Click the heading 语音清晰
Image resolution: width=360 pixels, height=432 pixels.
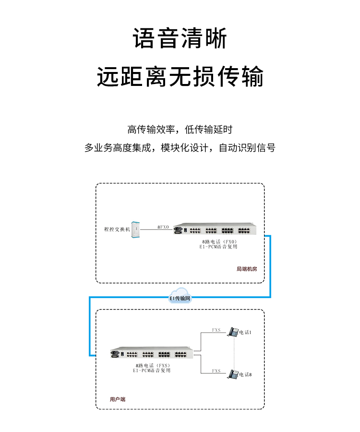tap(180, 38)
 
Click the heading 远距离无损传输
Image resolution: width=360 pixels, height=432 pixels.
tap(180, 77)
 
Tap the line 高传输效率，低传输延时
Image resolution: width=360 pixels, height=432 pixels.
tap(180, 129)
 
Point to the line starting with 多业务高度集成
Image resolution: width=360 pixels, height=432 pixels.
tap(180, 148)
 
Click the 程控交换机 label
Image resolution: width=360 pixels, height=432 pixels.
tap(117, 229)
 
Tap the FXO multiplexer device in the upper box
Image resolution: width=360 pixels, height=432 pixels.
tap(215, 230)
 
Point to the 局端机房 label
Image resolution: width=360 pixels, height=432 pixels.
tap(247, 269)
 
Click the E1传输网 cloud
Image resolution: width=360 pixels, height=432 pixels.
tap(180, 296)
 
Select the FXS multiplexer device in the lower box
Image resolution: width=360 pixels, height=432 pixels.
tap(153, 355)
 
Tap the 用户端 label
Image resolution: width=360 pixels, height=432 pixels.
tap(118, 399)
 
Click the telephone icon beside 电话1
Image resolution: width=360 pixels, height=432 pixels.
tap(233, 332)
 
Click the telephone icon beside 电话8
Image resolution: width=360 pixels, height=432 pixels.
tap(233, 374)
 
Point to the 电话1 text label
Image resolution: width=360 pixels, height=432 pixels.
tap(246, 333)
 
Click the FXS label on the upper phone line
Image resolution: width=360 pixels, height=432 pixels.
tap(216, 330)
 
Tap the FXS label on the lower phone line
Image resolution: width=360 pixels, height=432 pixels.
tap(216, 371)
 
